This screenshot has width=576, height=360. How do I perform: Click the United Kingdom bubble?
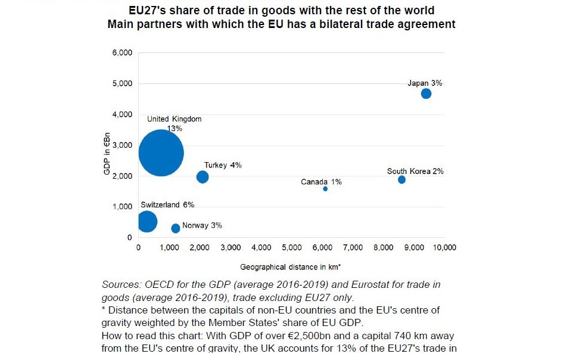pos(161,153)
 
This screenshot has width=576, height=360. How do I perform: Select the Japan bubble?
pos(426,94)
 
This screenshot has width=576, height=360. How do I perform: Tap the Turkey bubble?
pos(203,176)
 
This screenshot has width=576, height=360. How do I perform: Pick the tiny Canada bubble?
pos(325,189)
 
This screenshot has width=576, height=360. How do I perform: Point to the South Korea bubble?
pos(401,179)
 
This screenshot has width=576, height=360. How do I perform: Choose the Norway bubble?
pos(175,228)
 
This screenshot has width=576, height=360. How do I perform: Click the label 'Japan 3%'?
pos(425,83)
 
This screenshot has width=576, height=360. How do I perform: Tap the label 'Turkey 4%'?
pos(223,165)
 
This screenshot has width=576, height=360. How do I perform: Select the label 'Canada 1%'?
pos(321,182)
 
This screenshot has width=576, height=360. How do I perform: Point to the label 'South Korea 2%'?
pos(415,171)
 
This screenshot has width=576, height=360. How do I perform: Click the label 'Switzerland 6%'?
pos(167,205)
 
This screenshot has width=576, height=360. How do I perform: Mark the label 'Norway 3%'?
pos(202,225)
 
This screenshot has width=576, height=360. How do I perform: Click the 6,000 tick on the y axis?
pos(122,52)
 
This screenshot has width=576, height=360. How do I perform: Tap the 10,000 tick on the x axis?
pos(444,247)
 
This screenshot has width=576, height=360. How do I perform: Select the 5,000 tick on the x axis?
pos(291,247)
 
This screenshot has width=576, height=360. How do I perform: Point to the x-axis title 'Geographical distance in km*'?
pos(291,266)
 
